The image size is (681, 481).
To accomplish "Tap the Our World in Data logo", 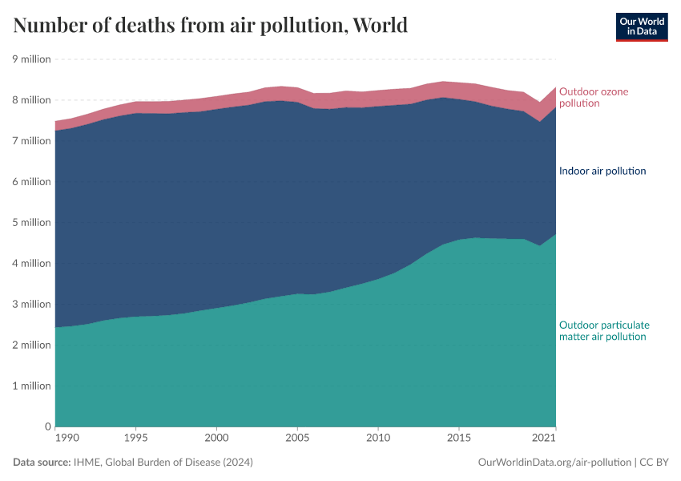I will (x=641, y=26).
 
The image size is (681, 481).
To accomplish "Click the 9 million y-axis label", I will (x=31, y=59).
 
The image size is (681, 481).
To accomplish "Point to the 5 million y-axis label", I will (x=31, y=223).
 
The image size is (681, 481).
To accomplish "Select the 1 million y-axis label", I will (x=31, y=386).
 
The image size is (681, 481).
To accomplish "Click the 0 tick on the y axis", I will (x=47, y=426).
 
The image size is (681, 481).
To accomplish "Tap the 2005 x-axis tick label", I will (x=297, y=438).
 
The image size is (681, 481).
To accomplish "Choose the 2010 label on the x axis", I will (x=378, y=438).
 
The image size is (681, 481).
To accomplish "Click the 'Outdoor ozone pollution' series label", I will (x=593, y=97).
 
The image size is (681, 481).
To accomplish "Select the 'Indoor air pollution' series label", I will (x=602, y=171).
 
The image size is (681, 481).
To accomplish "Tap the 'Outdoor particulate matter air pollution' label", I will (x=603, y=331).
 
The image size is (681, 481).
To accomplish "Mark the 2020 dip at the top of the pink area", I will (x=539, y=103).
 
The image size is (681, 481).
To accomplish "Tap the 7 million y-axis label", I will (x=31, y=141).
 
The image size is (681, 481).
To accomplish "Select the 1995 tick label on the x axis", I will (x=135, y=438).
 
